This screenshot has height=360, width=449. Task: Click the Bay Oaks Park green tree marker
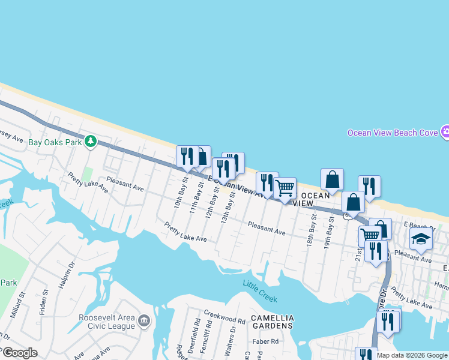91,142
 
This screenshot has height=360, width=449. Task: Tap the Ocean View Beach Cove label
393,132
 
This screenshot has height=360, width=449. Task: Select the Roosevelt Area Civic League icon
144,320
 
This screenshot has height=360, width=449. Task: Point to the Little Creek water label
261,290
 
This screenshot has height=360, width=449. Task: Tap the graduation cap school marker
421,239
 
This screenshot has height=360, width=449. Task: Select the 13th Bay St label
227,207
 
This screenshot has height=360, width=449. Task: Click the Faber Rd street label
266,341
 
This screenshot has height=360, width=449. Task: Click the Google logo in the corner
19,353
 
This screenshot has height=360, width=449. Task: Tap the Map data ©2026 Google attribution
412,355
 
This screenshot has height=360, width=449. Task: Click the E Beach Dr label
418,224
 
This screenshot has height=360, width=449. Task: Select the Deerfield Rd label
196,332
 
